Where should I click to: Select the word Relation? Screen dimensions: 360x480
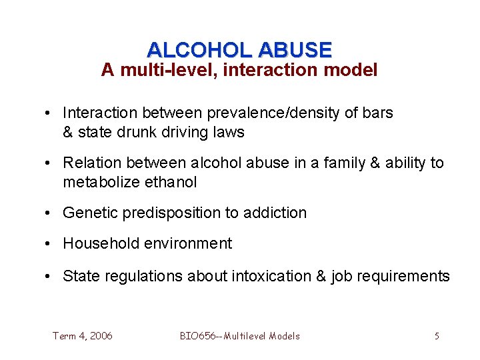(91, 163)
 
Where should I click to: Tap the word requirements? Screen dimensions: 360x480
(406, 276)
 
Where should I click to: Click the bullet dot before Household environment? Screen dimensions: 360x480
(51, 244)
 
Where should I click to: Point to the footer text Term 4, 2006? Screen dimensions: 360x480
(83, 336)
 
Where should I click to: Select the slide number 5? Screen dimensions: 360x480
(437, 336)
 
